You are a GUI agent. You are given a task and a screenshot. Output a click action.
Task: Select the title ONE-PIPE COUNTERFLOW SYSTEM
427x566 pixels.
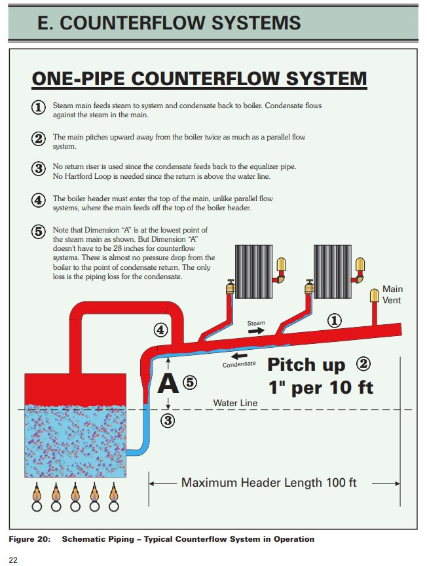coord(199,79)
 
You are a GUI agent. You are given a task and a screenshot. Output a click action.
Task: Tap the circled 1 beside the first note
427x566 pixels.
coord(39,107)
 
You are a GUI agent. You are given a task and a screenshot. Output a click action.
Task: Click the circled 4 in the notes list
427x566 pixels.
coord(39,200)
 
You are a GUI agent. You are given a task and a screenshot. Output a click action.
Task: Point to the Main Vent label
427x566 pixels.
coord(393,294)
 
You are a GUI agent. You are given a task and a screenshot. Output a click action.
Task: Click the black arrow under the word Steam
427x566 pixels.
coord(257,331)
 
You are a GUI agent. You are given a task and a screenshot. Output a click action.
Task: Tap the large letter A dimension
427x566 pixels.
coord(168,383)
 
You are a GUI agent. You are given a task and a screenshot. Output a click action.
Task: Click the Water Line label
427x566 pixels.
coord(235,403)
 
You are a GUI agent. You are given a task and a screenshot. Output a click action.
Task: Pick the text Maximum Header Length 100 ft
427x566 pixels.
coord(269,483)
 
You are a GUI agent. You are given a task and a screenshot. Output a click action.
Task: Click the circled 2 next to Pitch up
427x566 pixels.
coord(363,364)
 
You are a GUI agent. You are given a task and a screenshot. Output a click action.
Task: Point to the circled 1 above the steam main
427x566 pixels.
coord(334,320)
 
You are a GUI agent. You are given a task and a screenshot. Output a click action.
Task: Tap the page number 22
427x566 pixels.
coord(13,559)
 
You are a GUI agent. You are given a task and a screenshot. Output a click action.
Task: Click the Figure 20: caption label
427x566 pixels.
coord(30,539)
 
